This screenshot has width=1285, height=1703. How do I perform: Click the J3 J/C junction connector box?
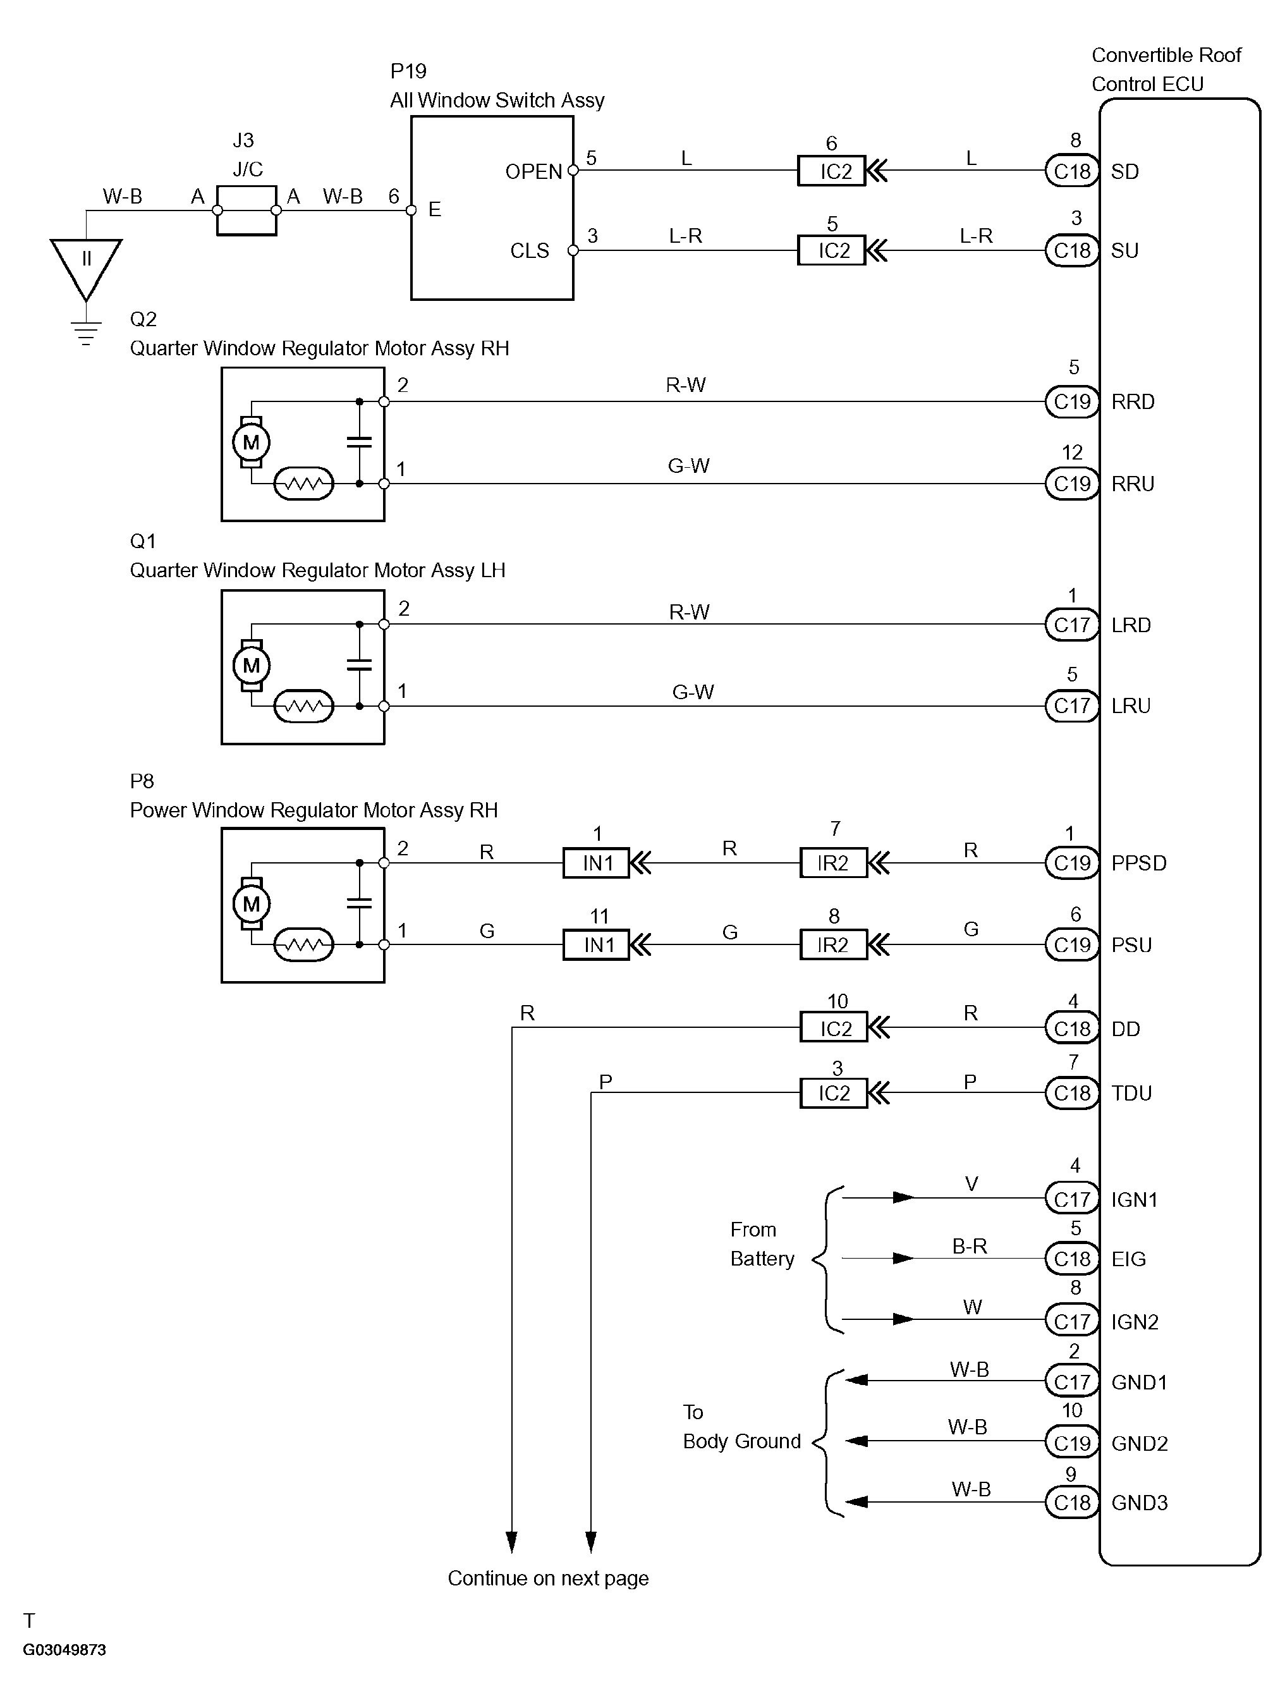[x=247, y=210]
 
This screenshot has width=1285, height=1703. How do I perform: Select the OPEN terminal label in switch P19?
[x=533, y=172]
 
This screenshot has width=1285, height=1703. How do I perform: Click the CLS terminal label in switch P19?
[x=530, y=251]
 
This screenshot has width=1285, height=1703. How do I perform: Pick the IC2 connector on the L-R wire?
[x=832, y=250]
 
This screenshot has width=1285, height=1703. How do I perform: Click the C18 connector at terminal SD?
[x=1072, y=171]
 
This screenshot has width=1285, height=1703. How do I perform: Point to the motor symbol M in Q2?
[x=251, y=442]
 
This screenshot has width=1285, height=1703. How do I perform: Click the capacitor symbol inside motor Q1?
[x=359, y=664]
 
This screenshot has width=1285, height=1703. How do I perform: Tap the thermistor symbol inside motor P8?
[x=304, y=944]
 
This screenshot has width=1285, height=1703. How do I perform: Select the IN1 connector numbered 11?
[x=597, y=944]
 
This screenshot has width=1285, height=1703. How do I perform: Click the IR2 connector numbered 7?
[x=834, y=863]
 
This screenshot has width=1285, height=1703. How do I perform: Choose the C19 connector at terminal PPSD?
[x=1072, y=863]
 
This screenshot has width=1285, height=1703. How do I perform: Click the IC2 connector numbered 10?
[x=834, y=1028]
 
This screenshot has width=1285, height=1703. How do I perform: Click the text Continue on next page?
[x=548, y=1578]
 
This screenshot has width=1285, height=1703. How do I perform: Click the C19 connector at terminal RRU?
[x=1072, y=484]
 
